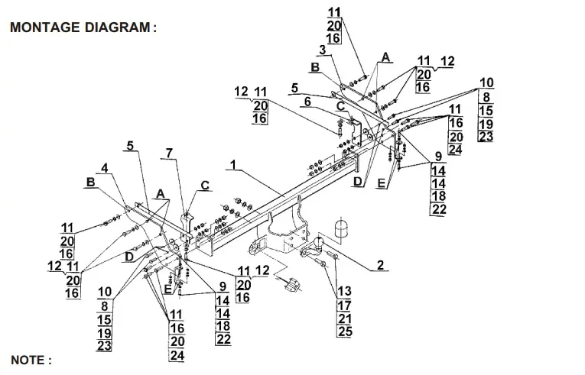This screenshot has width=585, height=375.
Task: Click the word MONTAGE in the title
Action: pos(43,27)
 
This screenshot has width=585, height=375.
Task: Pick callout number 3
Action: pos(323,50)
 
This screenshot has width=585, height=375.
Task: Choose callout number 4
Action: pos(103,168)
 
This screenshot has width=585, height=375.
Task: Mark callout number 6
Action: pos(308,102)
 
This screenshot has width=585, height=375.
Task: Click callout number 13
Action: pos(344,292)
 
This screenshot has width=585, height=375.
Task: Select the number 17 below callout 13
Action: pos(344,305)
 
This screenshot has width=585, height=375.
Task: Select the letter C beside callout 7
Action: pos(205,185)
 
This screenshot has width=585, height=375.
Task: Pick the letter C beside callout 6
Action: pos(339,105)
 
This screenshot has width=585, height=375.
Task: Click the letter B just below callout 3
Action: pos(314,68)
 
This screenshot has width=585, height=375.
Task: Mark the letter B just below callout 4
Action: pos(90,183)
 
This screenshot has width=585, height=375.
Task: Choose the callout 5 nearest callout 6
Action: pos(294,88)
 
